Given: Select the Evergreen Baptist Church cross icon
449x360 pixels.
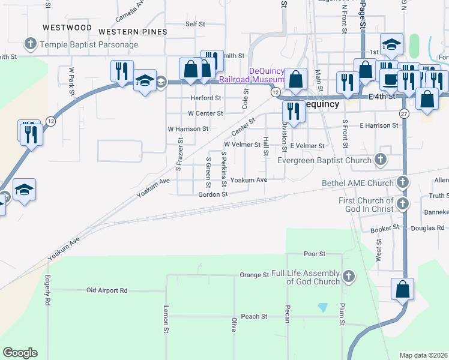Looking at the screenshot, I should pos(380,160).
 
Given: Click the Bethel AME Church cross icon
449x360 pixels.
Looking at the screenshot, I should pos(403,182).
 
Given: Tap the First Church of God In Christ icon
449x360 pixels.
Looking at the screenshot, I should pos(403,205).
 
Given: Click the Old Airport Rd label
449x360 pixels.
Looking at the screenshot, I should pos(107,290).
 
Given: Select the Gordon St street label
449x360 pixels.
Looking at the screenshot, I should pos(214,194).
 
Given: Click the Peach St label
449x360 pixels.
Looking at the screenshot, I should pos(255,316).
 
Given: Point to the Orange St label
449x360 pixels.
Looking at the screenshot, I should pos(254,275).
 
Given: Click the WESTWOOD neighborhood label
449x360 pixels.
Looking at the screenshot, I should pos(67,28).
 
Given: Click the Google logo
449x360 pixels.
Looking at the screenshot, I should pos(20,353).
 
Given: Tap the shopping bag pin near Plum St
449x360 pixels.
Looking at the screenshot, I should pos(403,290).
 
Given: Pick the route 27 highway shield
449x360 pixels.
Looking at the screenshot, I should pos(405,113).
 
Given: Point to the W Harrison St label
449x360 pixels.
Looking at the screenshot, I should pos(188,128).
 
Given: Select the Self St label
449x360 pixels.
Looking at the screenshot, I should pos(196,24).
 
